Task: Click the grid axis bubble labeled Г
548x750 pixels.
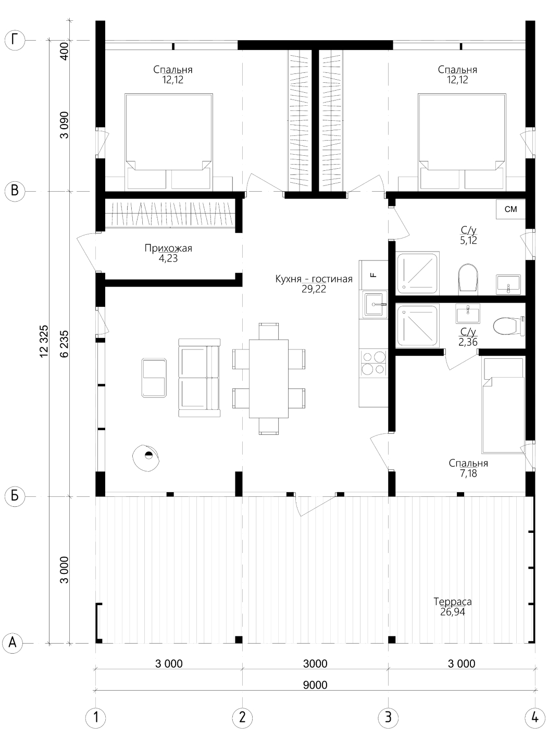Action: pyautogui.click(x=15, y=41)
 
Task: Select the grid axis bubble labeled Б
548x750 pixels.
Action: pyautogui.click(x=15, y=496)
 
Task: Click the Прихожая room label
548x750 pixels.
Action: pyautogui.click(x=168, y=248)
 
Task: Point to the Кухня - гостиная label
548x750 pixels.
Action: pyautogui.click(x=314, y=279)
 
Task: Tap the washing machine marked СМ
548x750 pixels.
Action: pyautogui.click(x=510, y=209)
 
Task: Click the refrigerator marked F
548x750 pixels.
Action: pyautogui.click(x=373, y=275)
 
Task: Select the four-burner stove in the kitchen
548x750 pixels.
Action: pyautogui.click(x=373, y=363)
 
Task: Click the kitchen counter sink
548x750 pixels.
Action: pyautogui.click(x=373, y=304)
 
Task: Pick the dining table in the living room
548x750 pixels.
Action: pyautogui.click(x=269, y=379)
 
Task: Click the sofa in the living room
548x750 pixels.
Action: pyautogui.click(x=200, y=378)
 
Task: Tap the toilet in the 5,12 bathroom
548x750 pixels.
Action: pyautogui.click(x=467, y=279)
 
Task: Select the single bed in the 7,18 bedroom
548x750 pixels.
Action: pyautogui.click(x=503, y=405)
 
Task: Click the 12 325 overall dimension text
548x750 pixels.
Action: pyautogui.click(x=44, y=342)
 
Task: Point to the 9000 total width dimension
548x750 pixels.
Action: pyautogui.click(x=315, y=685)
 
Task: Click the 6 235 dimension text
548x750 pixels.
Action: pyautogui.click(x=64, y=344)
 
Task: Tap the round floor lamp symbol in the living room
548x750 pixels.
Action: pyautogui.click(x=146, y=457)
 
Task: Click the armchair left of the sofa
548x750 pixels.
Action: pyautogui.click(x=154, y=378)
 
